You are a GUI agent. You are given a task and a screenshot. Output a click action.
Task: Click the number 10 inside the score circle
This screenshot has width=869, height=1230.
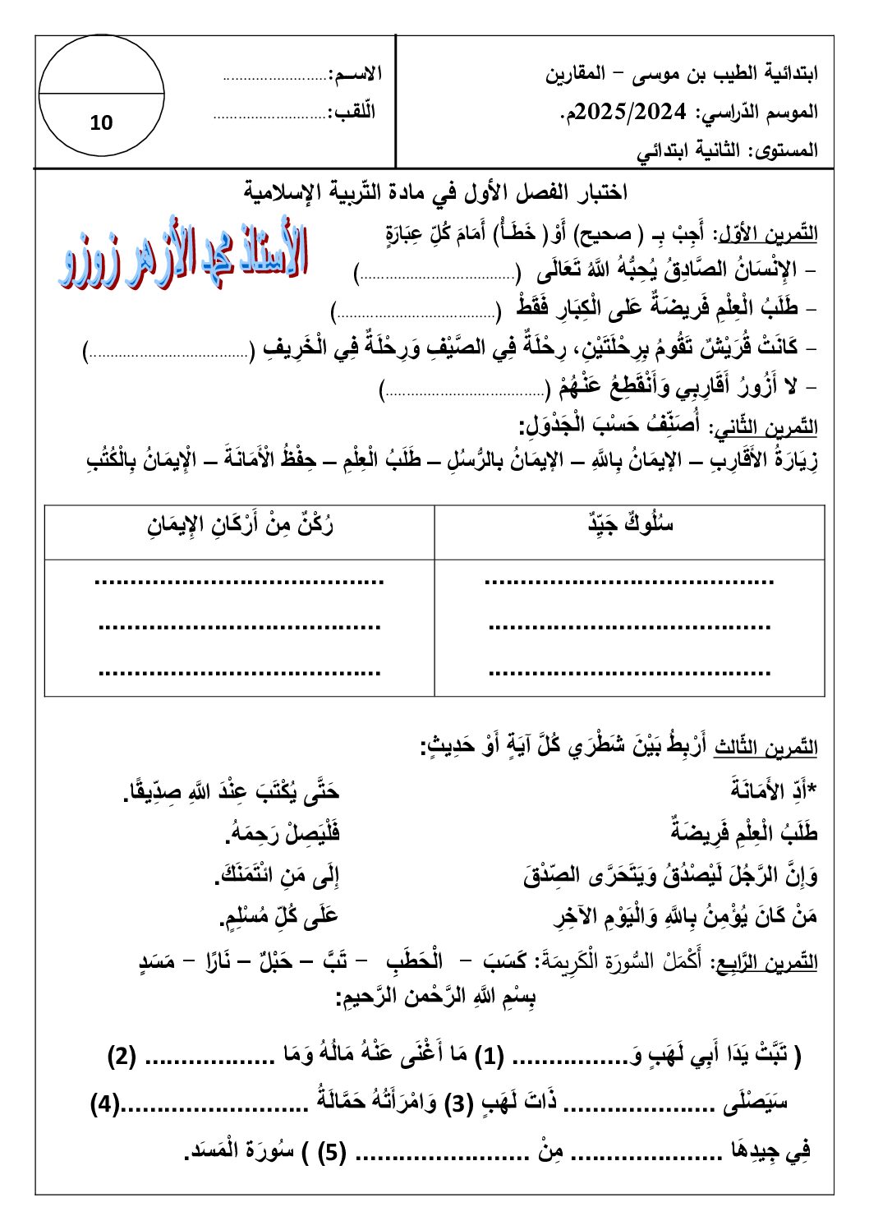[x=101, y=123]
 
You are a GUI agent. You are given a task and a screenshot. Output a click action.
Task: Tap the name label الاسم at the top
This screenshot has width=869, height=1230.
[x=355, y=74]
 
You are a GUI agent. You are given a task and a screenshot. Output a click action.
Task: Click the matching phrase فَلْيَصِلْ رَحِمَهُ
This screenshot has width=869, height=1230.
[x=283, y=834]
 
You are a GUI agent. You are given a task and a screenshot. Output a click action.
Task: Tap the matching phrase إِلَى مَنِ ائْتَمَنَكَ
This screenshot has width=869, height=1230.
[x=277, y=876]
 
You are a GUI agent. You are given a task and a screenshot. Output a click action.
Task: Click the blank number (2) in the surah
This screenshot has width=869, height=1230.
[x=122, y=1056]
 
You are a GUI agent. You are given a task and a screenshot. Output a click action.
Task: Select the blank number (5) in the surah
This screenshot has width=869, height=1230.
[x=332, y=1152]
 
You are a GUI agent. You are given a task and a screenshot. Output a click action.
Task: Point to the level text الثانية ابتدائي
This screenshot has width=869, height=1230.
[x=687, y=151]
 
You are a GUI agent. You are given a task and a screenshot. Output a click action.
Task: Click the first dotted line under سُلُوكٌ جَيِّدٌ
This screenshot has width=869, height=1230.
[x=629, y=582]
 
